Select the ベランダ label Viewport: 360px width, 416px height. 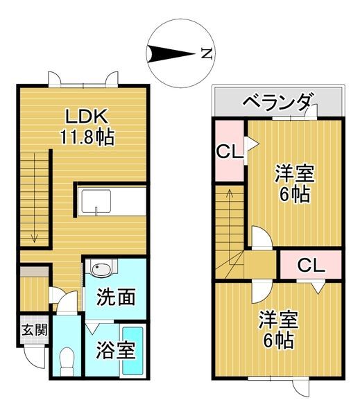tap(277, 103)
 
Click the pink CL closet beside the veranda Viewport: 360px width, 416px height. tap(228, 151)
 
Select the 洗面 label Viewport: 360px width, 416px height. tap(116, 297)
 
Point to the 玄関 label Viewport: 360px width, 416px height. tap(33, 330)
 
